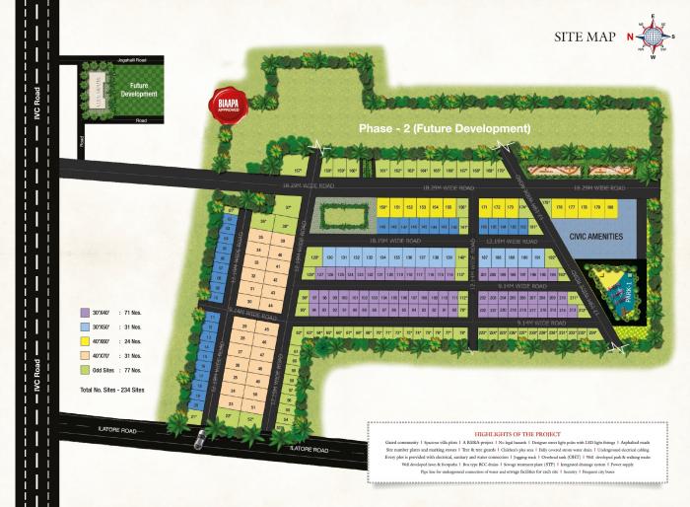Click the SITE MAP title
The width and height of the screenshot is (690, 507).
[x=586, y=37]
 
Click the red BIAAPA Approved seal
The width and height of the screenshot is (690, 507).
[x=218, y=104]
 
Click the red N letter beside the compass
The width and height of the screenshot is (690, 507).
[x=630, y=38]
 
